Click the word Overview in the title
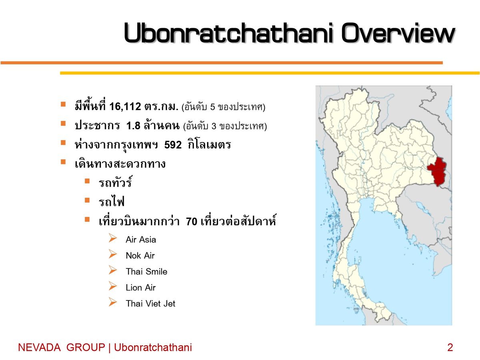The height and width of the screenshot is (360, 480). point(398,33)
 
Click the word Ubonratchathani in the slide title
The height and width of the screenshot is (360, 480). point(229,33)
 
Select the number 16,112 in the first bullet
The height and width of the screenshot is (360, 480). point(125,106)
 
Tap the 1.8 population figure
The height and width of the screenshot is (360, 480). point(133,126)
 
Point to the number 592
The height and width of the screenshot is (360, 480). point(173,145)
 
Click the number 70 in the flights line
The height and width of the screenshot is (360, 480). point(192,222)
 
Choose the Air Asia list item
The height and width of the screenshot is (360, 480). point(141,240)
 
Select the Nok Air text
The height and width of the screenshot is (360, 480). point(140,256)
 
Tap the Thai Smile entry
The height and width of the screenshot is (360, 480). point(146,272)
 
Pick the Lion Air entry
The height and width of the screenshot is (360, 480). point(141,288)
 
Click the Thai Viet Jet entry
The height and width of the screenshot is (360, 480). point(150,303)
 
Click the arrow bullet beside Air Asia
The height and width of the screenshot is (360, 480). point(113,238)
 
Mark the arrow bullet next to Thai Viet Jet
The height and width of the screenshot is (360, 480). point(113,302)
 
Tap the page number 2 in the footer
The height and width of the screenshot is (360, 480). point(450,347)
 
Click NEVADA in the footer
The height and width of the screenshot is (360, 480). point(39,347)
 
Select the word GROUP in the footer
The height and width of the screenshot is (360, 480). point(86,347)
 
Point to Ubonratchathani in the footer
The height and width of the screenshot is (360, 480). point(153,347)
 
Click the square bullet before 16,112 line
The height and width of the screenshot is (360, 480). point(63,104)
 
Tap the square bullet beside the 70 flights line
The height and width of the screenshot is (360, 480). point(87,219)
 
